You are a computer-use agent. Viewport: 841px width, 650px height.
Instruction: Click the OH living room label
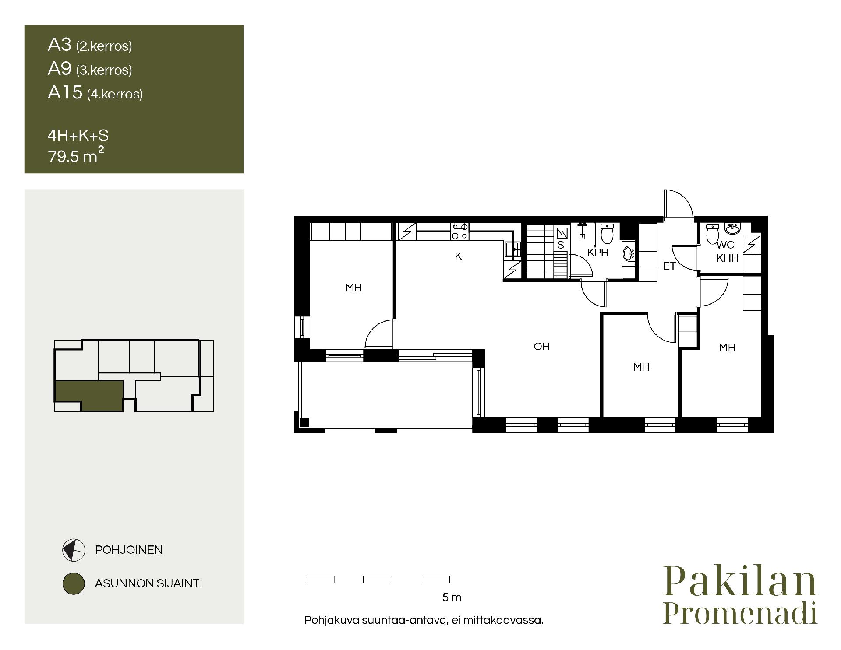(541, 347)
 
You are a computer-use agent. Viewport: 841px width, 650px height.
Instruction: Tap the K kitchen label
(458, 256)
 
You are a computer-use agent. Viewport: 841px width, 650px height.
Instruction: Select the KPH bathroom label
(597, 253)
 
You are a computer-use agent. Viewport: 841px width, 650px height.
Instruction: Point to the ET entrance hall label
(669, 266)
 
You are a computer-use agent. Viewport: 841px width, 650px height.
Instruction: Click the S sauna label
(561, 246)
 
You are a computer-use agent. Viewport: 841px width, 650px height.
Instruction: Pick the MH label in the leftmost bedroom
(353, 288)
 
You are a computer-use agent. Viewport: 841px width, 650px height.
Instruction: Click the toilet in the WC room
(713, 234)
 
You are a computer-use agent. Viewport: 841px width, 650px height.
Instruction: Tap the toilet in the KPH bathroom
(607, 233)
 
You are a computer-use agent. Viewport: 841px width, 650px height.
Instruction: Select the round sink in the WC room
(732, 228)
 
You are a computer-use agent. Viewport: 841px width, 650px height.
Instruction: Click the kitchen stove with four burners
(460, 231)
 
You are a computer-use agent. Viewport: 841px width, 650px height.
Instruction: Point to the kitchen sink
(512, 249)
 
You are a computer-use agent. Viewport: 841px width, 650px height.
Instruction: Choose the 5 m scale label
(452, 597)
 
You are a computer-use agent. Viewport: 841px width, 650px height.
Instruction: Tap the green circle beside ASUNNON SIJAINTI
(73, 583)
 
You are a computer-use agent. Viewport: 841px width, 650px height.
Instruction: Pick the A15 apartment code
(65, 92)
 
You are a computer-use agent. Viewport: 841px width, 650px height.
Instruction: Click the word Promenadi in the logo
(740, 613)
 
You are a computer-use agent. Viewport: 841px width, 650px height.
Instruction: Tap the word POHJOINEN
(129, 550)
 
